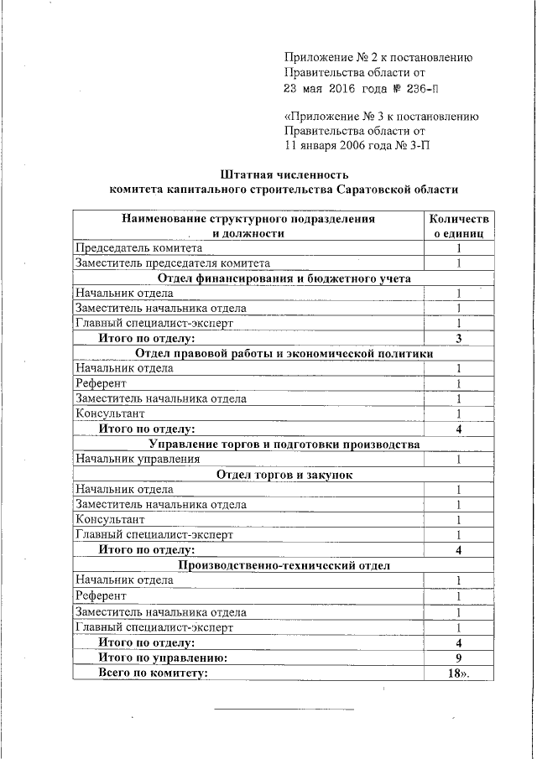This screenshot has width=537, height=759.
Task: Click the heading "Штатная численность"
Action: (284, 174)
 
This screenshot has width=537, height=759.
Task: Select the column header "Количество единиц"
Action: (458, 226)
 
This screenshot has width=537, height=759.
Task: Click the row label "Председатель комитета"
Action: (138, 249)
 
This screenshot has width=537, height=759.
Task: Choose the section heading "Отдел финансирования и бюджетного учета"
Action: (284, 278)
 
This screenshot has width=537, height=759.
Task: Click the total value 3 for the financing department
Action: (459, 338)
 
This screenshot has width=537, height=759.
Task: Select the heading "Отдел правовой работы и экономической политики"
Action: (284, 353)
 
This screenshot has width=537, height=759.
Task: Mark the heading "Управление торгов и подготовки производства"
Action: (284, 444)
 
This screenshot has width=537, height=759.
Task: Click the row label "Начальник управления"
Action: (138, 459)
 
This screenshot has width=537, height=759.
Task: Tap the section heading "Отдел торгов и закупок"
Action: (284, 474)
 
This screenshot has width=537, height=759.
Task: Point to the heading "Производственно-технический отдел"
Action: (284, 565)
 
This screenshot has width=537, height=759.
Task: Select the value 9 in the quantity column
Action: (459, 658)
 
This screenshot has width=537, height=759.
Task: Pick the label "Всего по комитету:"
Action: (152, 673)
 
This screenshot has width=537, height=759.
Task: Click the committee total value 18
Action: (457, 673)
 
